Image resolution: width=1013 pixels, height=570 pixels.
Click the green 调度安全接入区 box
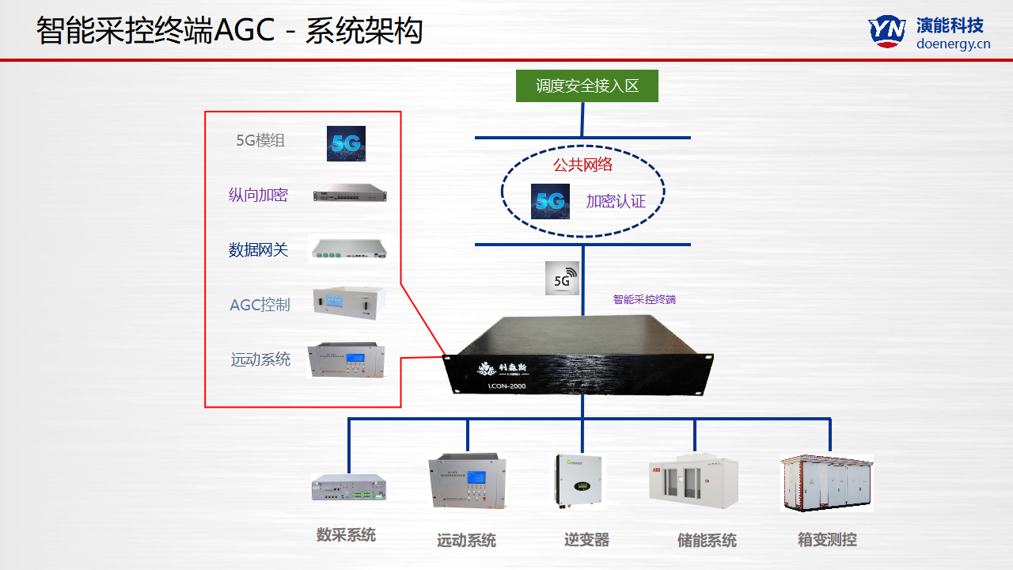(586, 86)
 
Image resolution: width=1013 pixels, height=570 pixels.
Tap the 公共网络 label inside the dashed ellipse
(582, 165)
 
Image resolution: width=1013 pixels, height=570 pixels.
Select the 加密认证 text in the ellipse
(616, 202)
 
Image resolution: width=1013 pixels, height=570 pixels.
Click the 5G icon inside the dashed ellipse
(549, 201)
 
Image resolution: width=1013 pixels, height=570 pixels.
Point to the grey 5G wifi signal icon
(562, 279)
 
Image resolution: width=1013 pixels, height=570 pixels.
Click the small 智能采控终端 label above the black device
(644, 300)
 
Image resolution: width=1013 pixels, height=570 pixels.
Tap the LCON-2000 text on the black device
(506, 386)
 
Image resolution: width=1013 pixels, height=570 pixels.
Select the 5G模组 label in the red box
(260, 141)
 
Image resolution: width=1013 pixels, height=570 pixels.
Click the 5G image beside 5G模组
(346, 143)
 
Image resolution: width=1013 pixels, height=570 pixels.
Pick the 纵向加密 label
(258, 196)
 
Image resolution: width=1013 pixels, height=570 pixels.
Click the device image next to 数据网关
(349, 249)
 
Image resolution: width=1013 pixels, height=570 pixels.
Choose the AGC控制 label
(260, 305)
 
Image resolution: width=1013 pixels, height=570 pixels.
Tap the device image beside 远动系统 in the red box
(347, 359)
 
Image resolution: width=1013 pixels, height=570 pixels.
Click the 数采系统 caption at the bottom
(346, 535)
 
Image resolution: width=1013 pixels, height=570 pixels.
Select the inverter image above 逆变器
(577, 480)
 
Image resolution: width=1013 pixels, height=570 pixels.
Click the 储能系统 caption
(707, 541)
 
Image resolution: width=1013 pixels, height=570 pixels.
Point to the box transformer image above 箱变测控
(826, 482)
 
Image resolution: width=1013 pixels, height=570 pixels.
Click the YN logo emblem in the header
(887, 31)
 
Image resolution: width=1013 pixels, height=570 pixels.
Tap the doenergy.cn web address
(953, 44)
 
